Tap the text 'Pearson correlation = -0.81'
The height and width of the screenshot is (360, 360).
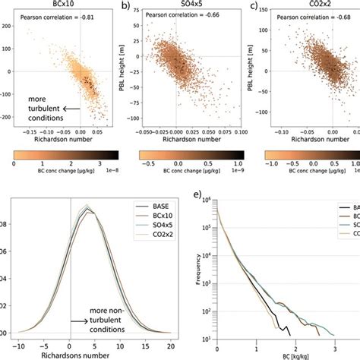pyautogui.click(x=53, y=17)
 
